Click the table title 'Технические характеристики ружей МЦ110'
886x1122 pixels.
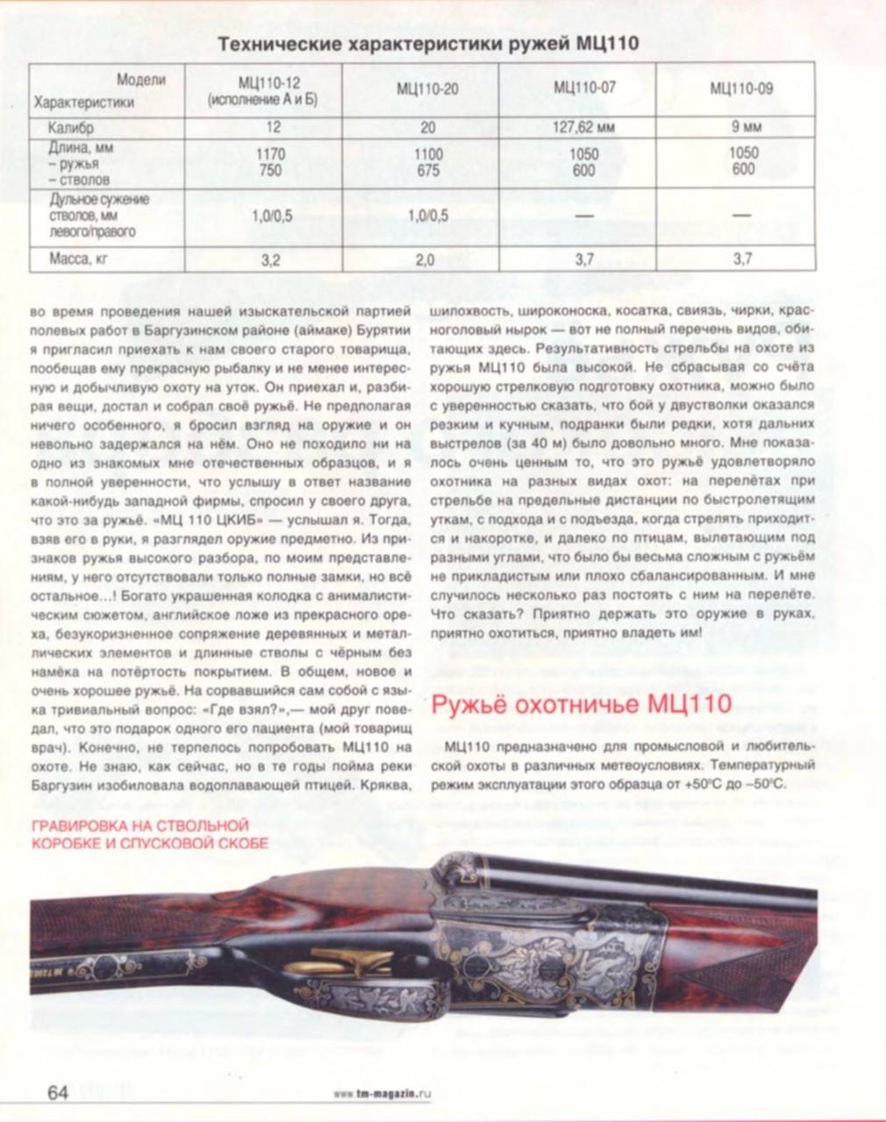tap(428, 44)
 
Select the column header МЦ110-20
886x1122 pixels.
tap(427, 89)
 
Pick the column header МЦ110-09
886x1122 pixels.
tap(741, 88)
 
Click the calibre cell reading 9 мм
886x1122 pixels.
tap(742, 127)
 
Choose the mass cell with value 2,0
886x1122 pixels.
tap(427, 259)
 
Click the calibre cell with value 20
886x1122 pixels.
tap(427, 127)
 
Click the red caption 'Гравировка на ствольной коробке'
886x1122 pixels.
tap(149, 834)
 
